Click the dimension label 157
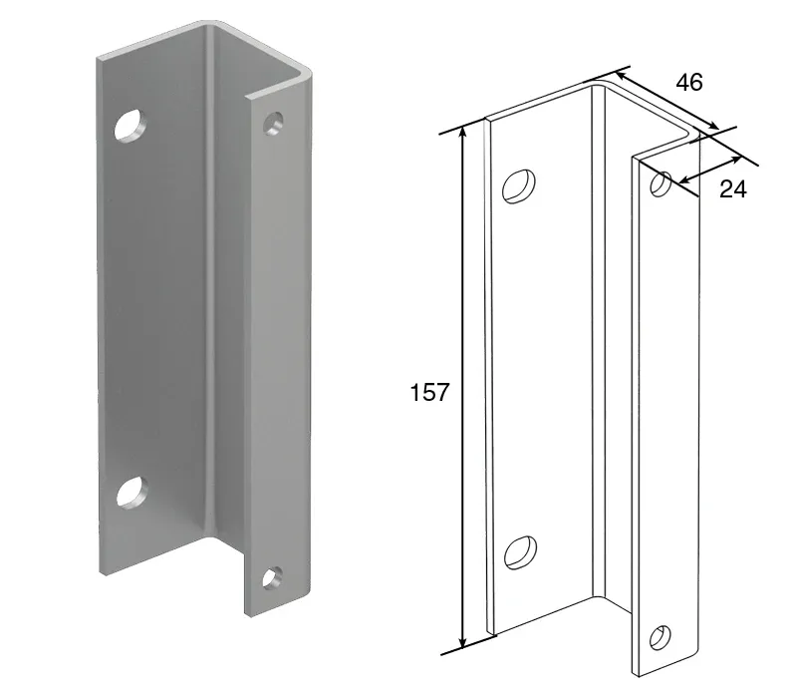(x=429, y=392)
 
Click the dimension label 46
(x=689, y=82)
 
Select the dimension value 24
(x=733, y=189)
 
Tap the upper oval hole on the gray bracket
(x=131, y=125)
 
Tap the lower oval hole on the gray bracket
(x=133, y=493)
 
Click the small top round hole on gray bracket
(x=273, y=123)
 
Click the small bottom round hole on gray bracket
(x=272, y=578)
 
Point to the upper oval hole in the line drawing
(x=518, y=186)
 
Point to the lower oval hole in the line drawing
(x=520, y=553)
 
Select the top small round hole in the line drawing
(x=661, y=184)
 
